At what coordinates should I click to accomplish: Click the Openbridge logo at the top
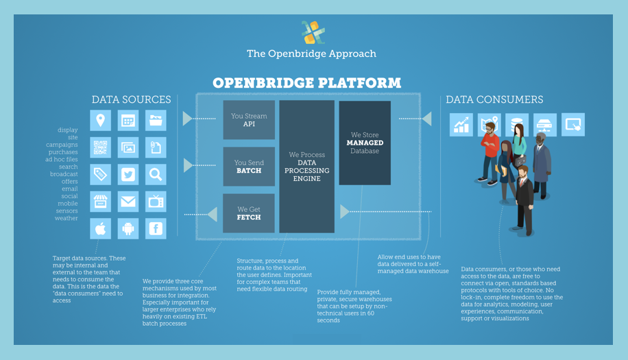313,32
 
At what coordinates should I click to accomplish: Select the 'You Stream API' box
249,120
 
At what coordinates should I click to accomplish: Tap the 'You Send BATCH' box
249,166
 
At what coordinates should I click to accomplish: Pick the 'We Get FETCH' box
249,213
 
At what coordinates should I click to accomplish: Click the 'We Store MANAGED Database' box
365,143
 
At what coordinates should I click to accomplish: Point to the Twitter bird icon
128,175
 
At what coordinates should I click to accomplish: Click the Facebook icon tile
156,228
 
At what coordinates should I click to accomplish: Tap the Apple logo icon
101,228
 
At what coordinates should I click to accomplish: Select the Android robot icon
128,228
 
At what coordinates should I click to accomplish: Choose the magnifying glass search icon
156,175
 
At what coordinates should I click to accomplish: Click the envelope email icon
128,202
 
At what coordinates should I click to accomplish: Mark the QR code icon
101,147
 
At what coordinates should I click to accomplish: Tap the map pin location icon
101,121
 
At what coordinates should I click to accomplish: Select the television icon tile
156,202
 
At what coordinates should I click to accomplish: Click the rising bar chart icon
461,125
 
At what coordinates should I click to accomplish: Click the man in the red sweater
490,151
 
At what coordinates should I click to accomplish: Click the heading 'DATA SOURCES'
131,100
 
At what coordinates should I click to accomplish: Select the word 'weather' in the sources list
67,219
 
